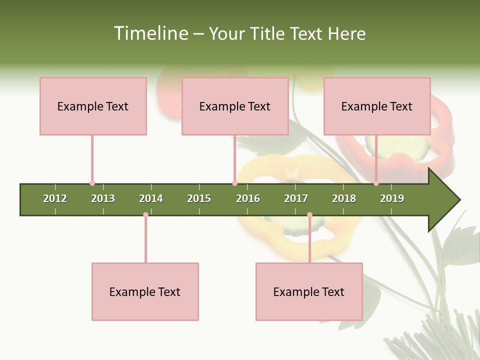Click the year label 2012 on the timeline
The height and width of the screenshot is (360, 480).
[x=55, y=198]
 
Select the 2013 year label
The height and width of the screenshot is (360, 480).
[x=103, y=198]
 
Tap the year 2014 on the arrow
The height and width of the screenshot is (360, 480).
[x=151, y=198]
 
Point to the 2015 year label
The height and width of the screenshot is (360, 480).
[x=199, y=198]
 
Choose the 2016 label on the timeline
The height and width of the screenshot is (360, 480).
[x=248, y=198]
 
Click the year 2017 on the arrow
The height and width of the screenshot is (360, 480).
[x=296, y=198]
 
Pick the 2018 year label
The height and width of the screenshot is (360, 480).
[x=344, y=198]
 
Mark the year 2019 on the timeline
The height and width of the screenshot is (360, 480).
[x=392, y=198]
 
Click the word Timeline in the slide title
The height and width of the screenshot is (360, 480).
[x=150, y=33]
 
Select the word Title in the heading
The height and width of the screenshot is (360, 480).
[x=268, y=33]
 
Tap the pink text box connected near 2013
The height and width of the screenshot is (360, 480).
[x=93, y=106]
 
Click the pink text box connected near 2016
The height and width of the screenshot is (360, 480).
[x=235, y=106]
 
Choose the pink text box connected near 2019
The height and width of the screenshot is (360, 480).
[x=377, y=106]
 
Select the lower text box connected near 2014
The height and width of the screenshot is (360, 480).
[x=145, y=291]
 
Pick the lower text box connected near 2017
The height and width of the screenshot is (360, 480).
[x=309, y=291]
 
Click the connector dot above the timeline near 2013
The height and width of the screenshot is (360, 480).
[x=92, y=183]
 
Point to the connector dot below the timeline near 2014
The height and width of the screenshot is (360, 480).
[x=145, y=215]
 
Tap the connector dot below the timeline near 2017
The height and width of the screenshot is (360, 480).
[x=309, y=215]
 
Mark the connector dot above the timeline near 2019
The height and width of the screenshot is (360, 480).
[x=376, y=183]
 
